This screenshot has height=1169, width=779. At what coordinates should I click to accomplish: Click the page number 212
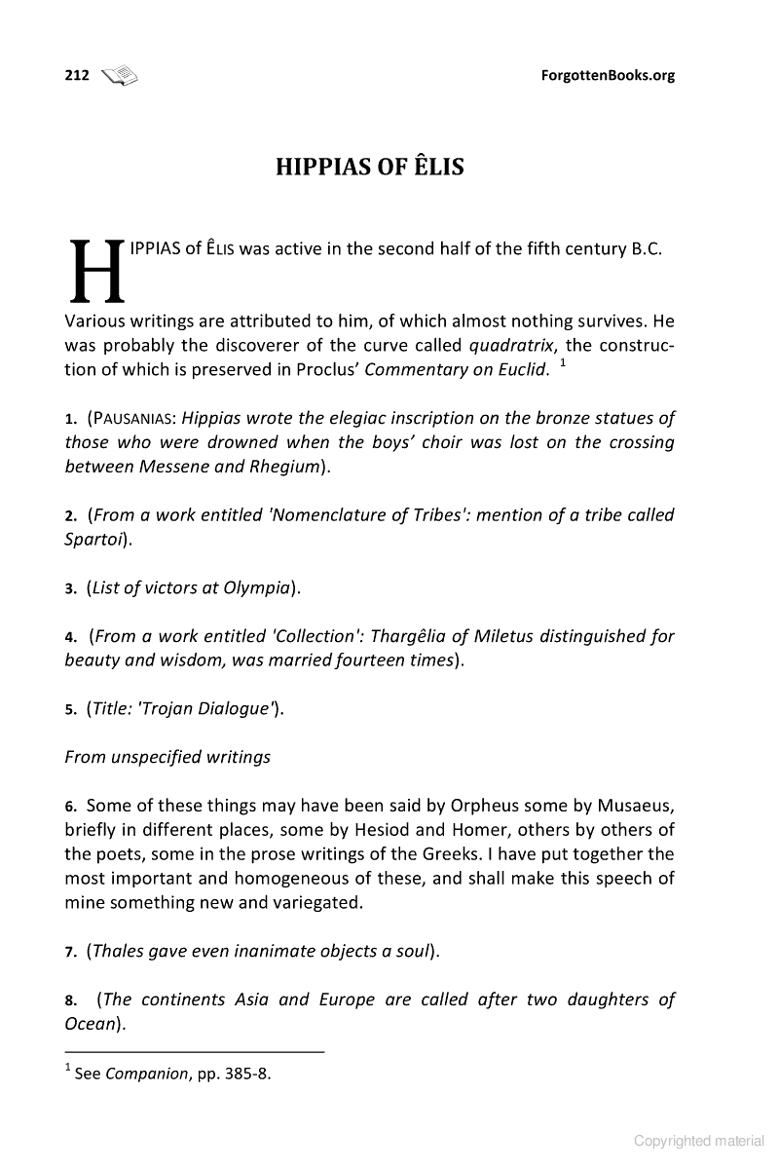click(x=76, y=76)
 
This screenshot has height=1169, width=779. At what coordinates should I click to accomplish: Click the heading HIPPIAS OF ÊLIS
click(x=370, y=167)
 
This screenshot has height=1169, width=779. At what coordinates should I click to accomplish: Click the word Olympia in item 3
click(x=257, y=587)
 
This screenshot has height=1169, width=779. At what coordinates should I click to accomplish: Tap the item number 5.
click(x=71, y=709)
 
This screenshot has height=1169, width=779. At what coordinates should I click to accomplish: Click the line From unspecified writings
click(x=167, y=757)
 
